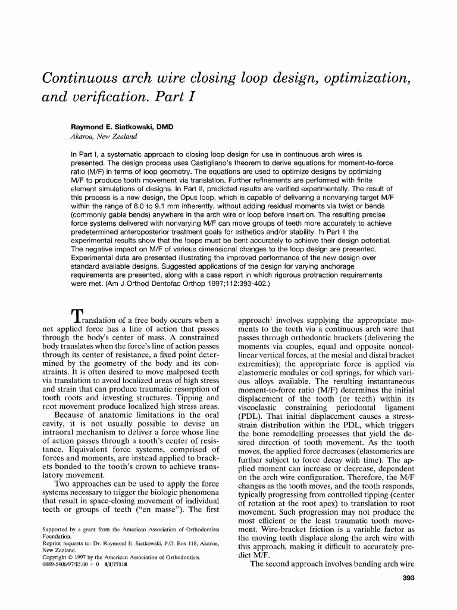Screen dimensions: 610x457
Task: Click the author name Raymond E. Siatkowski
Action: (x=122, y=127)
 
